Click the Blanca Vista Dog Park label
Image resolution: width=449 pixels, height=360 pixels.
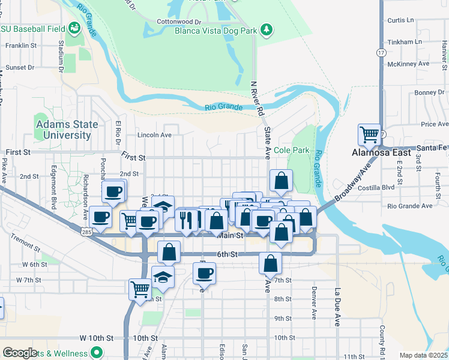coord(216,29)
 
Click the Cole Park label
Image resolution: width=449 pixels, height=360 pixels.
coord(291,150)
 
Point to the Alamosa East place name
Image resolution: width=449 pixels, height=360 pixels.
coord(381,153)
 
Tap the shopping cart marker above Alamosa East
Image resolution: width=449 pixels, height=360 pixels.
coord(369,134)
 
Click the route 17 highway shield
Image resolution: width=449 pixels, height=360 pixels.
coord(380,53)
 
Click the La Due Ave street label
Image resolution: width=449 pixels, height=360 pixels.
coord(336,306)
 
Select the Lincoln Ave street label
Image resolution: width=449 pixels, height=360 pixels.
coord(155,135)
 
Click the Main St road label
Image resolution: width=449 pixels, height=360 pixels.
coord(229,236)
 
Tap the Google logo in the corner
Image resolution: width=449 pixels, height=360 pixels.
coord(20,353)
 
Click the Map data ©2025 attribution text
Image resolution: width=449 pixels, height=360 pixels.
coord(423,355)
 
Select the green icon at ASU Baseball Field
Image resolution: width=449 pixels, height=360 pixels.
coord(74,28)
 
